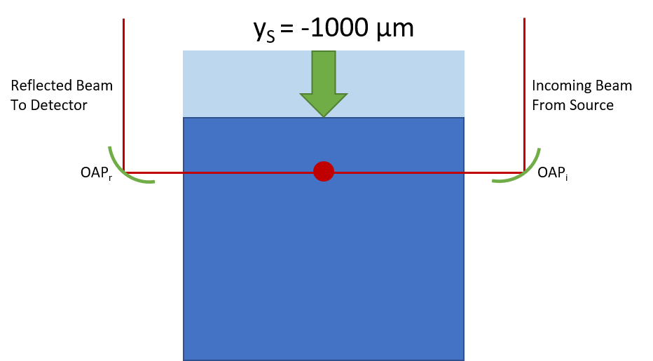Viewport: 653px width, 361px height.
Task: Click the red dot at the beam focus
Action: tap(324, 171)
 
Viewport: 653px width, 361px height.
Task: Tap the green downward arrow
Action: tap(324, 83)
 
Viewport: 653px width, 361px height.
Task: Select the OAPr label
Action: tap(96, 172)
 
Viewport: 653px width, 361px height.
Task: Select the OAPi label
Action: tap(553, 172)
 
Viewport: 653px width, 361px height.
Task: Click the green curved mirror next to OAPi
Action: tap(525, 172)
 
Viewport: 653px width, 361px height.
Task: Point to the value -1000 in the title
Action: tap(335, 28)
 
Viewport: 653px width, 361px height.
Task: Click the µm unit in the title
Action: tap(395, 30)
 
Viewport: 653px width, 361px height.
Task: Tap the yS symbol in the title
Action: tap(264, 31)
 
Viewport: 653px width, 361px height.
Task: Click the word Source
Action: tap(592, 105)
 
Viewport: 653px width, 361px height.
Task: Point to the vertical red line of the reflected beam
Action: tap(124, 95)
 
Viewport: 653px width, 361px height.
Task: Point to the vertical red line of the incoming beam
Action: tap(524, 95)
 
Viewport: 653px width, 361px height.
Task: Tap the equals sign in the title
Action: tap(287, 29)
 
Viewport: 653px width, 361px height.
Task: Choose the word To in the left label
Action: tap(19, 105)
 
